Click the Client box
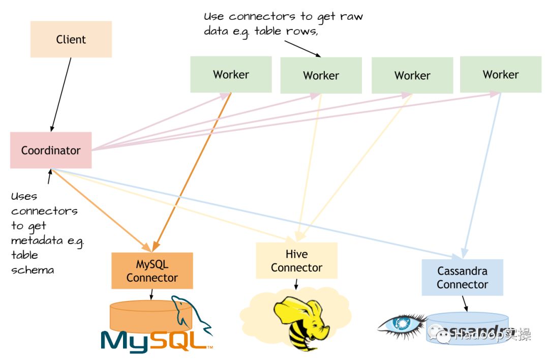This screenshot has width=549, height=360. tap(71, 39)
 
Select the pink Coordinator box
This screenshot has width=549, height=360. tap(51, 150)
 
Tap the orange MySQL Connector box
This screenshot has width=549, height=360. tap(152, 271)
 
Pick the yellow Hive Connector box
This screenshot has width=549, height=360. tap(296, 260)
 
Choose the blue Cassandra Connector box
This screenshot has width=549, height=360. tap(462, 278)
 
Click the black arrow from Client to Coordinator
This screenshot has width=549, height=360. tap(61, 94)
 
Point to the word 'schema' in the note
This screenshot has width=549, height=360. tap(33, 269)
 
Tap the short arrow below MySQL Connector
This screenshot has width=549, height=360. tap(151, 294)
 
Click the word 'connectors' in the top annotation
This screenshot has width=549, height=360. tap(252, 17)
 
